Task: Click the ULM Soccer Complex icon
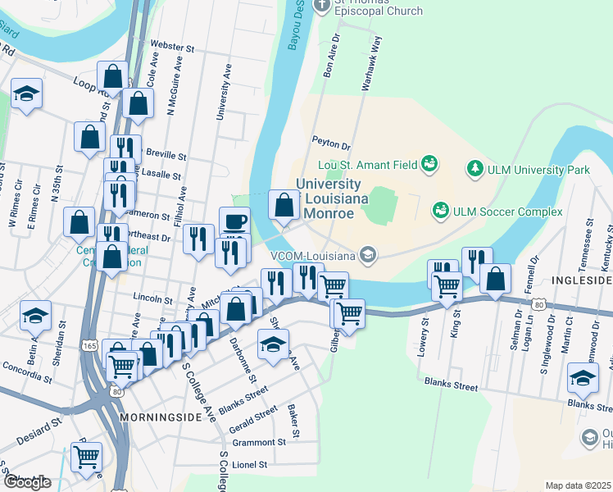pos(441,211)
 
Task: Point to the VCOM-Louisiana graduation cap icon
pos(369,254)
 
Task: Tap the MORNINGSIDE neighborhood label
pos(159,417)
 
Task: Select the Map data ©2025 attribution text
pos(578,485)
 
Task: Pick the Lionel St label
pos(251,464)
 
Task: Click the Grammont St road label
pos(258,441)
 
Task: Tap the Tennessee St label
pos(588,238)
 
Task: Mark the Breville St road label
pos(166,155)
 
